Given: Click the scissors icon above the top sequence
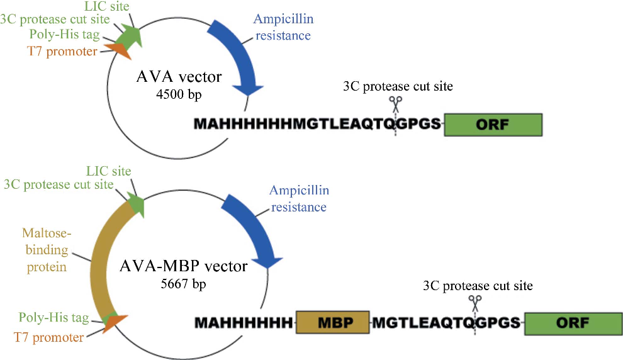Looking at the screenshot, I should point(395,103).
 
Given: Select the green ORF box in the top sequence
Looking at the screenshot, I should point(493,125).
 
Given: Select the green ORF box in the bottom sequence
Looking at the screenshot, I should point(572,323).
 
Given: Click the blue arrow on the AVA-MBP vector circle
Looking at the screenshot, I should point(252,230).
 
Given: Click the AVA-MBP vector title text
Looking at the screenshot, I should point(183,266).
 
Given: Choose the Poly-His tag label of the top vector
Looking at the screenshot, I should point(59,35).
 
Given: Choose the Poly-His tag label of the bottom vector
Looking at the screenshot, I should point(53,317).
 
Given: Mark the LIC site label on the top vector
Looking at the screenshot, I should point(107,6).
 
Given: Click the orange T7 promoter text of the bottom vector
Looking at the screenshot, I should point(48,337).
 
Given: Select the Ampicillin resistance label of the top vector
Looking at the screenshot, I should point(283,28).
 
